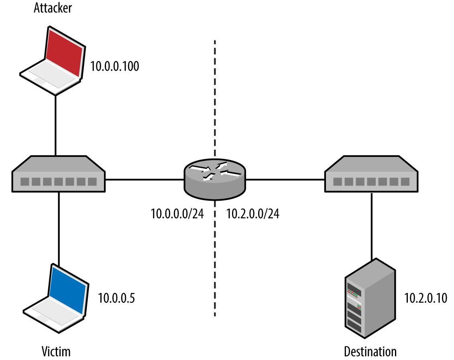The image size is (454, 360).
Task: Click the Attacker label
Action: tap(53, 8)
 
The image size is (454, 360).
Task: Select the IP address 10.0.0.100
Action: tap(114, 66)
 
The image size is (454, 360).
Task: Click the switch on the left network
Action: tap(59, 174)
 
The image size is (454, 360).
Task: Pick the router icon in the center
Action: tap(215, 179)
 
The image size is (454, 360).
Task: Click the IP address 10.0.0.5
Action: tap(116, 298)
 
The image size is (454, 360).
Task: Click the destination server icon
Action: tap(370, 297)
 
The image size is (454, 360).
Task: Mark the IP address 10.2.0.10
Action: tap(425, 298)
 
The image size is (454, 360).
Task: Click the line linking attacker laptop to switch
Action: tap(55, 124)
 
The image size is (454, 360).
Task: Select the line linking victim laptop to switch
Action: tap(59, 229)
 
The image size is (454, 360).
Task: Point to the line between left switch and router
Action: tap(145, 179)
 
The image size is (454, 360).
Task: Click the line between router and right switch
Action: tap(285, 179)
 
